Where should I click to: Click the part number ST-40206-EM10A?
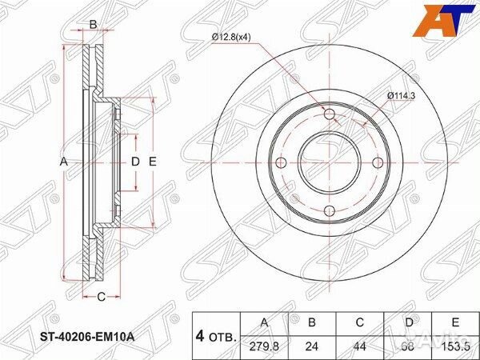click(86, 337)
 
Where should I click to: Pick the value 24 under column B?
click(313, 347)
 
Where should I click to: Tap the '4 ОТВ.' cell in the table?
click(216, 336)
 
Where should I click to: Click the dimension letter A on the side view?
click(66, 162)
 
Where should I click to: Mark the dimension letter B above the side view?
click(93, 25)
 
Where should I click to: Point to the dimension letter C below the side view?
click(101, 298)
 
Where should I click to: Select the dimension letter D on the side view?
click(135, 162)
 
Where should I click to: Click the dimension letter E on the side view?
click(152, 162)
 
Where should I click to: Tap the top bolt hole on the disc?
click(330, 113)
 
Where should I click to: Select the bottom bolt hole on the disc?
click(330, 211)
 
